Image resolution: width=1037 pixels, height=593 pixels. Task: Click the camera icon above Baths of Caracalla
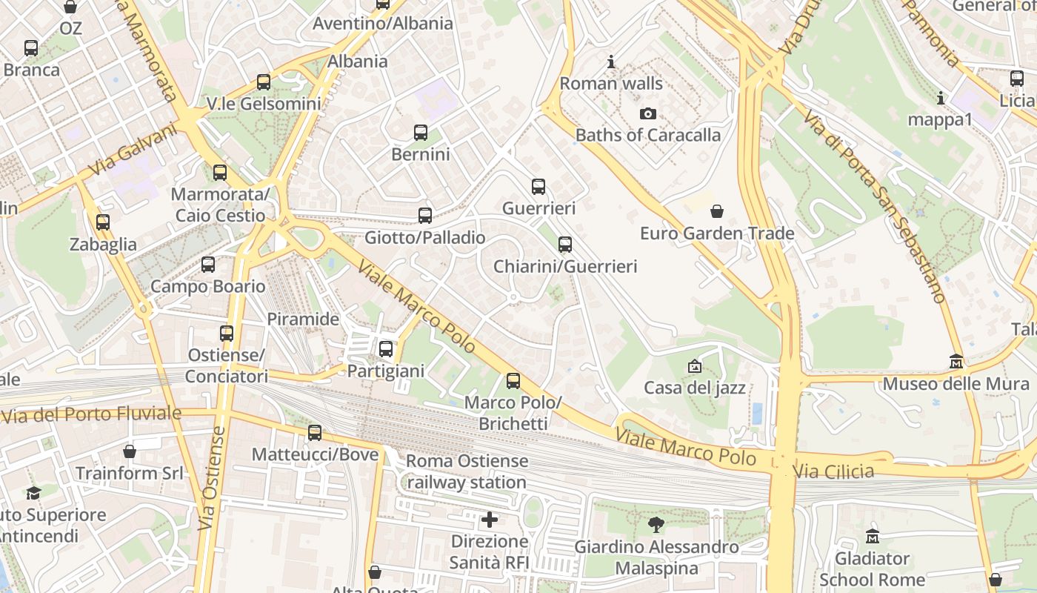648,113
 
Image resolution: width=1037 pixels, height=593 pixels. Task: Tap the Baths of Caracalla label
648,135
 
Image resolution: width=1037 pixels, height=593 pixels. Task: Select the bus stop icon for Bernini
421,133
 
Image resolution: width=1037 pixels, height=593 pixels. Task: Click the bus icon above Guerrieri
538,187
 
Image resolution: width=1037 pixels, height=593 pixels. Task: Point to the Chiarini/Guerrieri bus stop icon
565,244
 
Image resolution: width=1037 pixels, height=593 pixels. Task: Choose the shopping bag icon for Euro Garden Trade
717,211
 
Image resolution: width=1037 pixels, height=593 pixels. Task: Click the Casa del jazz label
695,387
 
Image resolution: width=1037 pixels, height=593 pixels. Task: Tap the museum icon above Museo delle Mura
956,362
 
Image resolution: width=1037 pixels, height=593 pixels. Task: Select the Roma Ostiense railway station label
467,471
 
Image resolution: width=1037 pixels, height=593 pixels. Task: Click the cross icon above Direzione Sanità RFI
490,520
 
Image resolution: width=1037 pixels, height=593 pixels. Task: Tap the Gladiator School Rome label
873,569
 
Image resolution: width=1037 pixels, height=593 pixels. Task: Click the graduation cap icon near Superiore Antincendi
33,493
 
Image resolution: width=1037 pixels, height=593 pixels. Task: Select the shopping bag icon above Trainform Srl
130,451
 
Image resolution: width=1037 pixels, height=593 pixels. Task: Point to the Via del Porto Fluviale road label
91,414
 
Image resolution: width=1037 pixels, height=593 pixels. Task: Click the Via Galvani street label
133,150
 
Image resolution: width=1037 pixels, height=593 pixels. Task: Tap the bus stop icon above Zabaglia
103,222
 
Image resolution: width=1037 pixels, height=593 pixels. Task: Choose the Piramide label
303,319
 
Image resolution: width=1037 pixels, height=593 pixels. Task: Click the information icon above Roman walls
611,62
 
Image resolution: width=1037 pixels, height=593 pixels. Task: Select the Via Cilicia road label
833,471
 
